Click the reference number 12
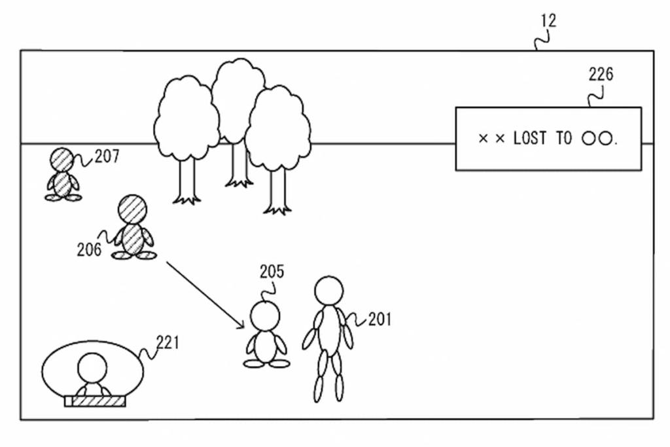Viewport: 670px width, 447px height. pyautogui.click(x=548, y=21)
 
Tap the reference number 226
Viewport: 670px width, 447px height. pyautogui.click(x=601, y=75)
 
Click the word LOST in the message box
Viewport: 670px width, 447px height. pyautogui.click(x=531, y=139)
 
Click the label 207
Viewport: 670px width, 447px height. pyautogui.click(x=107, y=156)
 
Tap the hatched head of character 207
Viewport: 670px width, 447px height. pyautogui.click(x=62, y=159)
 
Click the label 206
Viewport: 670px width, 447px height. pyautogui.click(x=89, y=249)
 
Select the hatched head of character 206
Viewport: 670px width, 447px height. pyautogui.click(x=132, y=209)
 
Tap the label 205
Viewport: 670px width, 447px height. pyautogui.click(x=272, y=272)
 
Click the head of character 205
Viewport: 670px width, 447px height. pyautogui.click(x=265, y=316)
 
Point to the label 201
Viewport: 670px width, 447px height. pyautogui.click(x=379, y=319)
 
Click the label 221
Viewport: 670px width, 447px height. pyautogui.click(x=168, y=342)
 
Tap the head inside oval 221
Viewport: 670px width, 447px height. pyautogui.click(x=92, y=368)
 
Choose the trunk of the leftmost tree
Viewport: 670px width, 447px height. pyautogui.click(x=187, y=181)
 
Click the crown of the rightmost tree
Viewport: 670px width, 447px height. pyautogui.click(x=278, y=128)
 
